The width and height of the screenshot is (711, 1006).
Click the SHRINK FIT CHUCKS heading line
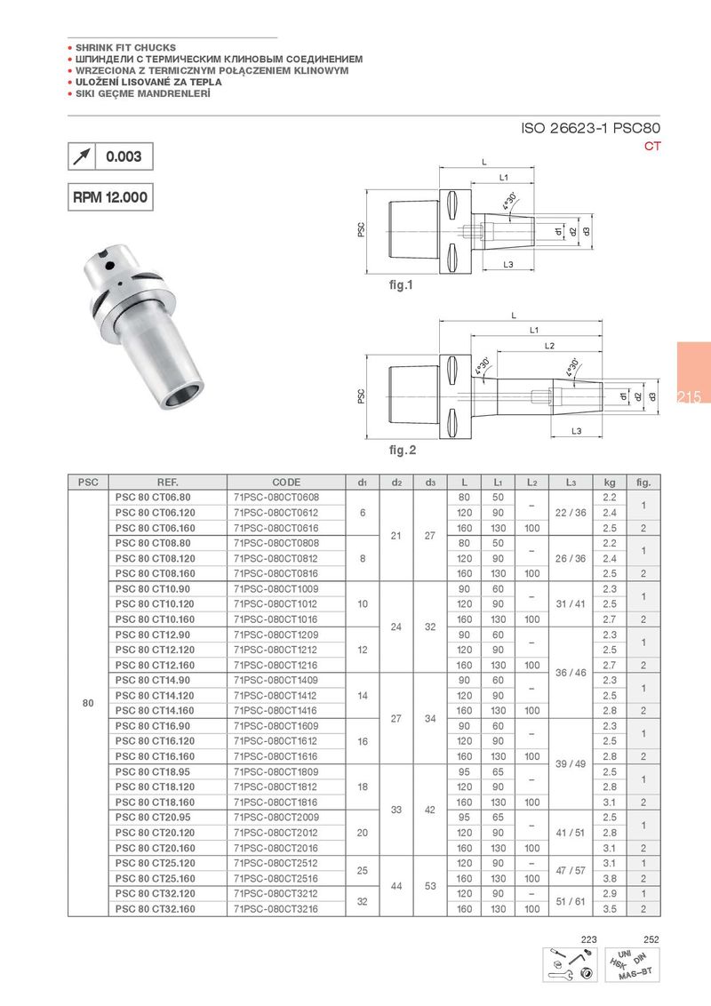125,47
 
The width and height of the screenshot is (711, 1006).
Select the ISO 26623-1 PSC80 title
591,129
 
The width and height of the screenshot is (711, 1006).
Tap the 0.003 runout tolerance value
124,156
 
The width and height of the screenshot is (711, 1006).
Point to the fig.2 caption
402,451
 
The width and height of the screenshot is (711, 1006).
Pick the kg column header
609,483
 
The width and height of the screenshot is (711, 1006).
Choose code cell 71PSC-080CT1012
276,603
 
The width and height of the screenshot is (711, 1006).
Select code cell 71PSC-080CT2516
276,879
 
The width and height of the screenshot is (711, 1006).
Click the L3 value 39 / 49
570,764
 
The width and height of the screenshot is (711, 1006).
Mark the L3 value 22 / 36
570,512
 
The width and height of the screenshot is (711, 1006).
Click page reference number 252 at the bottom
651,939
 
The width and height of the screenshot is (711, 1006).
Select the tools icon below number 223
571,964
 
